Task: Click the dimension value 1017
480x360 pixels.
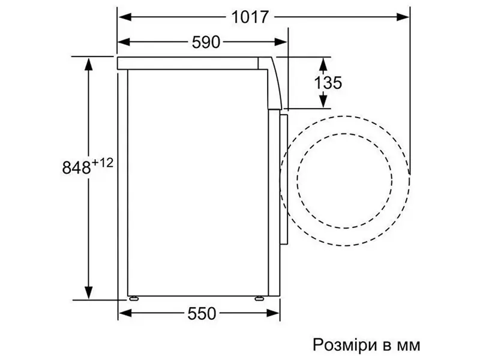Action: tap(248, 18)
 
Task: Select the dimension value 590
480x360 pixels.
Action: tap(205, 42)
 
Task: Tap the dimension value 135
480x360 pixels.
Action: tap(328, 83)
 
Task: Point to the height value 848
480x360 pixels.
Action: tap(77, 167)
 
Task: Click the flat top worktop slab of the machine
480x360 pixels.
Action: tap(189, 63)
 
